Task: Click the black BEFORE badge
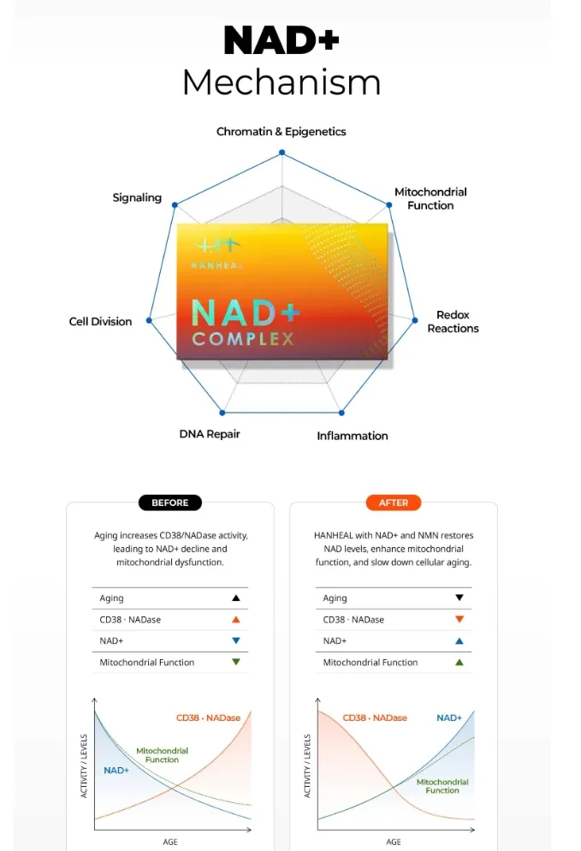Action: (169, 503)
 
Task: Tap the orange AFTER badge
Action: (394, 503)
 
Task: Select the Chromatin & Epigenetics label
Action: (281, 131)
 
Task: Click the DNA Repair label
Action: (210, 434)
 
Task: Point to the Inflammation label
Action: (352, 436)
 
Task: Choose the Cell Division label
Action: (100, 321)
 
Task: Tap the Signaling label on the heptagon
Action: (137, 198)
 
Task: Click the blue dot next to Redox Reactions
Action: (414, 320)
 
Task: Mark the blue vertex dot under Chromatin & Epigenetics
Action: (282, 153)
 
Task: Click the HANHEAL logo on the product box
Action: (217, 253)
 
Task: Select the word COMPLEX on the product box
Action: (243, 339)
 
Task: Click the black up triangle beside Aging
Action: (236, 598)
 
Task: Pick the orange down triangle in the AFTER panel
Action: (459, 619)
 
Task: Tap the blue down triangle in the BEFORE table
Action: (236, 640)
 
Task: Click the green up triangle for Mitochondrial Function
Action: (459, 662)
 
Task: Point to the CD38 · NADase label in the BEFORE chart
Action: (208, 717)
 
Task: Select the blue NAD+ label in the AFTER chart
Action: (449, 717)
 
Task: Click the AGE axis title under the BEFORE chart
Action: (170, 842)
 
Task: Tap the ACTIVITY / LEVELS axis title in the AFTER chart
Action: (307, 765)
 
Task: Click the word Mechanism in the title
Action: (282, 82)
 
